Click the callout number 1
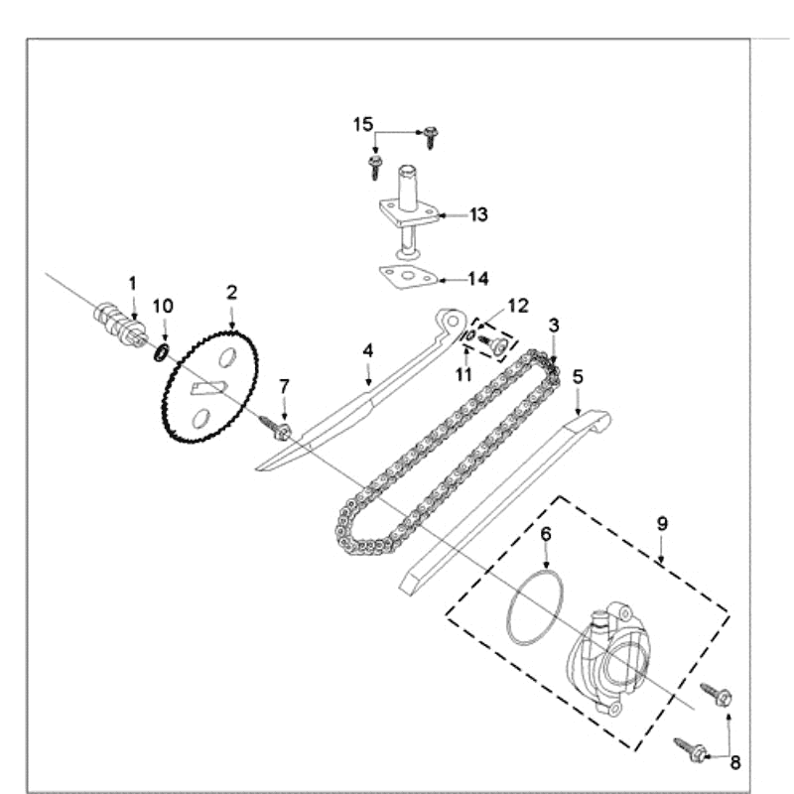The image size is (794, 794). click(133, 285)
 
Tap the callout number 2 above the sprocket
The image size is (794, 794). click(231, 292)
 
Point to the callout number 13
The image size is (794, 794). click(478, 214)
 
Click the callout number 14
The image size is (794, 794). click(478, 279)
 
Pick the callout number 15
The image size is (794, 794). click(362, 124)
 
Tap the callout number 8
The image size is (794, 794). click(734, 762)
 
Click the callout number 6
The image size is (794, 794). click(545, 534)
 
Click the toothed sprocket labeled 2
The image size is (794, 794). click(210, 388)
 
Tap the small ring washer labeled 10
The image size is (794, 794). click(161, 353)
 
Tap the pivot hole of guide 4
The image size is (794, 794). click(451, 320)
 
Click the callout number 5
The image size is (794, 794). click(578, 376)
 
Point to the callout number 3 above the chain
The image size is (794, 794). click(554, 326)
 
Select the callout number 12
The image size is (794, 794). click(517, 305)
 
